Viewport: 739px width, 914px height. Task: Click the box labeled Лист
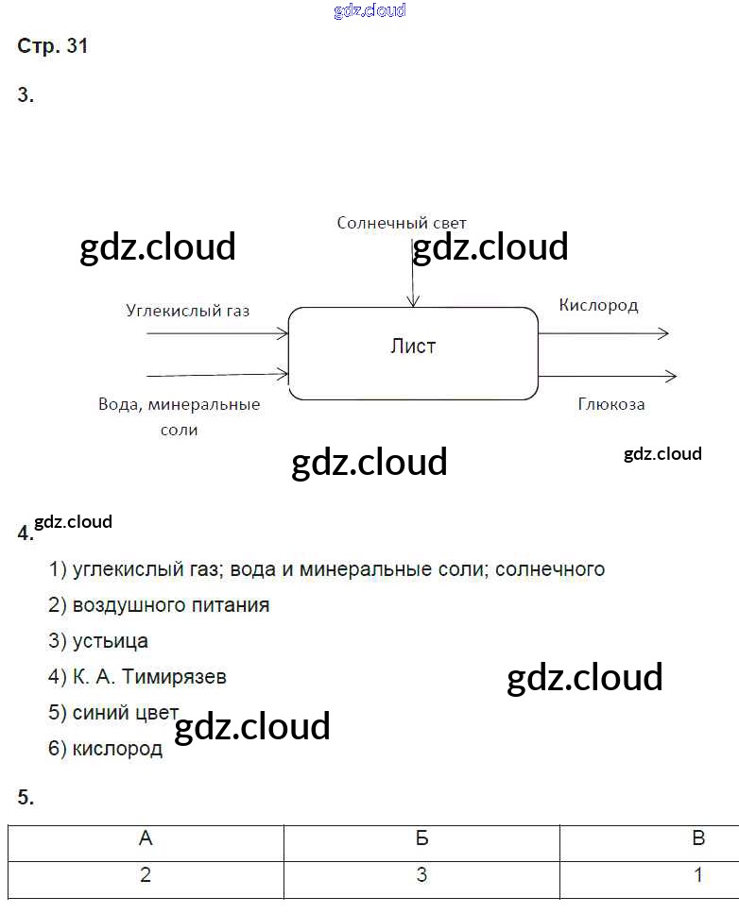413,352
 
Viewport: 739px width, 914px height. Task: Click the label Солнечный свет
402,223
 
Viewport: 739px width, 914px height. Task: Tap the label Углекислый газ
187,310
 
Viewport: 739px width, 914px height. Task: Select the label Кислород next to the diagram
598,305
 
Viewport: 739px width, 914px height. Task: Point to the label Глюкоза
611,404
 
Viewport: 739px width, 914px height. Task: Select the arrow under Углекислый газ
217,333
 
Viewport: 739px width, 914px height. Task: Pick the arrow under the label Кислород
605,333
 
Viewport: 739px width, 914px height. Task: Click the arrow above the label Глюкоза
609,376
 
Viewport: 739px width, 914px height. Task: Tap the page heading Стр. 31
53,46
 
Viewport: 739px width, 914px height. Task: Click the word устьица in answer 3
111,641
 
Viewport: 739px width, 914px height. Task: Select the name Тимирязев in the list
178,677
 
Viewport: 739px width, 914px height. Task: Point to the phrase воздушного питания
171,605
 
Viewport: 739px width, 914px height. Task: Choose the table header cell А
146,838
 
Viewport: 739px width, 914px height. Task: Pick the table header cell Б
421,838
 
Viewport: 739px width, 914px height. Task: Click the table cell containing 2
146,875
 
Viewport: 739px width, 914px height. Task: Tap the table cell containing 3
421,875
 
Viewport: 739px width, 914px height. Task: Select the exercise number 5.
26,798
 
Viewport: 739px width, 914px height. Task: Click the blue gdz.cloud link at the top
369,10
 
